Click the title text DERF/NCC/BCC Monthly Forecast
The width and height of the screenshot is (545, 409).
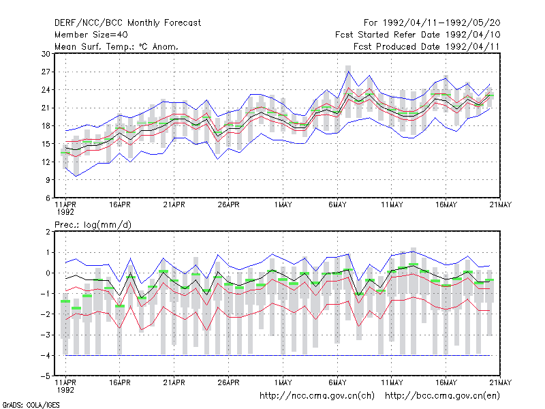coord(127,23)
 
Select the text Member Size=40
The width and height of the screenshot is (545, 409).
coord(91,35)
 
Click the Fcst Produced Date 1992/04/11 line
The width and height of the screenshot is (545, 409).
coord(426,46)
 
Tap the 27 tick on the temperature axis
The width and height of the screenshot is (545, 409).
coord(46,72)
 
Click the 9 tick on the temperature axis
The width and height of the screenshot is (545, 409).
coord(48,180)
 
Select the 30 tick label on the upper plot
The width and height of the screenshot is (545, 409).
coord(46,54)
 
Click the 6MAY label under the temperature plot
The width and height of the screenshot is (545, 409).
coord(337,205)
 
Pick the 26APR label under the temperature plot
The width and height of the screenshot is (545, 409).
coord(228,205)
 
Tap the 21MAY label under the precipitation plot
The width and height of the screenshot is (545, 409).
coord(501,382)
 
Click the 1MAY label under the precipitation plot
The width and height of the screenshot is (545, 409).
coord(283,382)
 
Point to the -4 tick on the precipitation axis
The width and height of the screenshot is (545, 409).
coord(45,355)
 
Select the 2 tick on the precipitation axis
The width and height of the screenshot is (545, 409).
coord(48,232)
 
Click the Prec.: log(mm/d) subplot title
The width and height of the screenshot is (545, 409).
coord(93,225)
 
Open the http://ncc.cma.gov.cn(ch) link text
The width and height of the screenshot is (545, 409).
coord(317,396)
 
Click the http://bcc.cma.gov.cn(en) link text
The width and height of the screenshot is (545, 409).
coord(442,396)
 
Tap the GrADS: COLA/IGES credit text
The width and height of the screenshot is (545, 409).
coord(31,405)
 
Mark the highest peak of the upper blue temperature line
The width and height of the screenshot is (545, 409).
coord(348,72)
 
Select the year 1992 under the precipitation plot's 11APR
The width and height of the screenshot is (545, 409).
coord(65,390)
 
